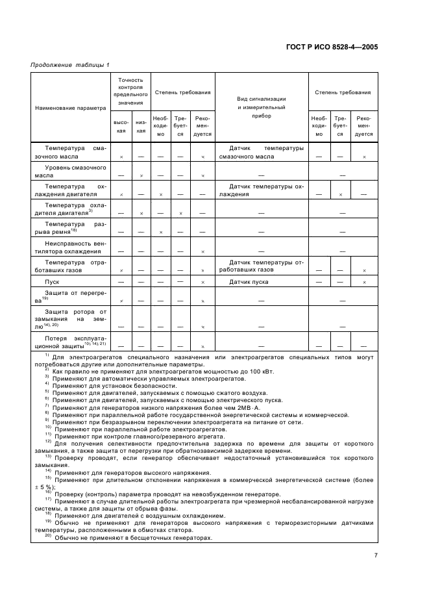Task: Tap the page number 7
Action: (376, 555)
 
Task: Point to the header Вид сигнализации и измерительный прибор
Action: (262, 107)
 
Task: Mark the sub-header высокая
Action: (121, 127)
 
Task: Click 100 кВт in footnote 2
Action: (262, 371)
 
